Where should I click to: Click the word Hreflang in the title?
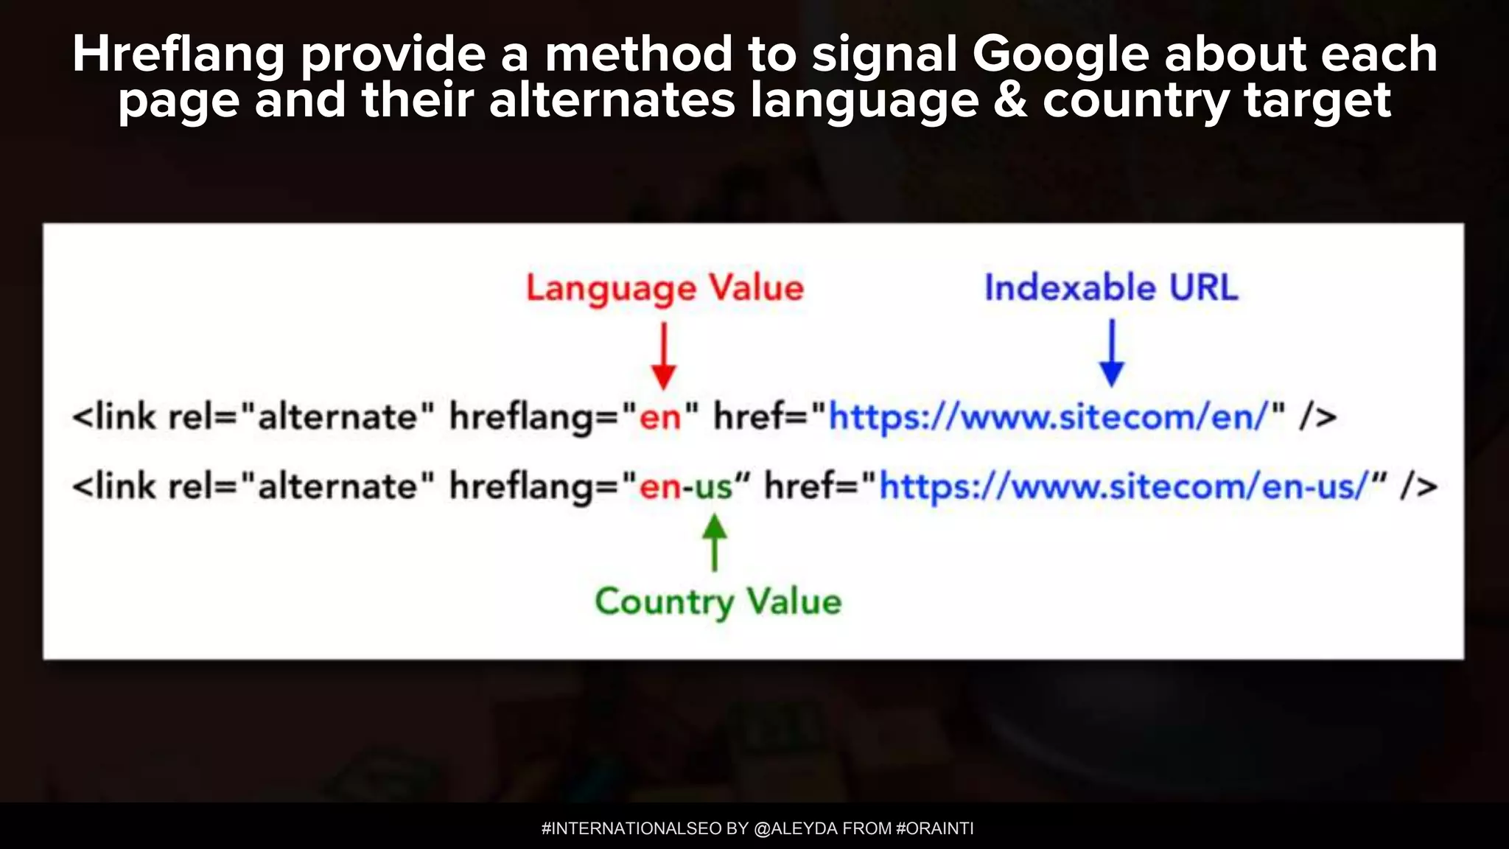pos(178,56)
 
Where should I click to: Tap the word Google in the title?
pos(1060,56)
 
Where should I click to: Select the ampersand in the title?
pos(1010,100)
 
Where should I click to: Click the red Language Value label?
pos(665,288)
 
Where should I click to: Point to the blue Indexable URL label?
pos(1111,287)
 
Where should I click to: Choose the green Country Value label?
pos(718,602)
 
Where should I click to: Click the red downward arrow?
pos(664,357)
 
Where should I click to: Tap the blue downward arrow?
pos(1111,353)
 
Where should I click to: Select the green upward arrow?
pos(714,542)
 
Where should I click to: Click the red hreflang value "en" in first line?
pos(660,418)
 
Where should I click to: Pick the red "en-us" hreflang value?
pos(686,487)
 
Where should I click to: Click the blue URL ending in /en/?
pos(1047,417)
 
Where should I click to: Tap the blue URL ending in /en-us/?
pos(1123,487)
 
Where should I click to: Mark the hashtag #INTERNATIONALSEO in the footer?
pos(631,828)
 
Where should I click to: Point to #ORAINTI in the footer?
pos(934,828)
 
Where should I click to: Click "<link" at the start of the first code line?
pos(114,417)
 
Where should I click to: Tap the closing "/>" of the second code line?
pos(1419,487)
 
